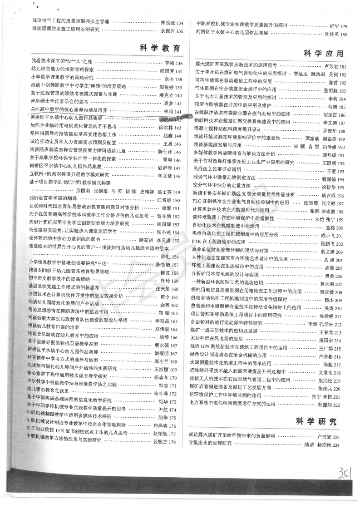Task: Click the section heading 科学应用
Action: (323, 54)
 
